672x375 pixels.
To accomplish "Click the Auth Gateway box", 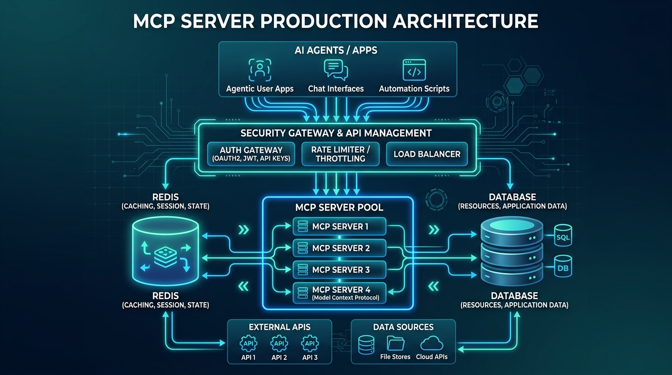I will [251, 154].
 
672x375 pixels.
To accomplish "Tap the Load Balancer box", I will [427, 154].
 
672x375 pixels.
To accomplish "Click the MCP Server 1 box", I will [339, 227].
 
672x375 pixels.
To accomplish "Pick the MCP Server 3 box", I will [339, 270].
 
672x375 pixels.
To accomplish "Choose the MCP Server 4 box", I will [339, 293].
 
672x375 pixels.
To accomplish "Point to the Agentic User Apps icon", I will [260, 70].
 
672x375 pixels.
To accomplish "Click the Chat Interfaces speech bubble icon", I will [336, 70].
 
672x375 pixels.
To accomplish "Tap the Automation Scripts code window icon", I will [414, 70].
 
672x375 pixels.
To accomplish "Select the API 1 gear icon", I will [249, 343].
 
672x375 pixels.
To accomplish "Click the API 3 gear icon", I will [310, 343].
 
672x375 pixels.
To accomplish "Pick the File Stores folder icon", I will [395, 344].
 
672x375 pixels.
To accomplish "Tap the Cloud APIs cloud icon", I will [432, 344].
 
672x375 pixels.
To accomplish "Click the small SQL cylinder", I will [563, 236].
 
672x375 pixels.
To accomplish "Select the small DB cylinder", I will [563, 267].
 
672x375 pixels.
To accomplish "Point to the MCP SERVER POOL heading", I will [339, 208].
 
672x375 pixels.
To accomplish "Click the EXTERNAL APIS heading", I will [279, 327].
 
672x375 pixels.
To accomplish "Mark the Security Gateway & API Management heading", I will [336, 133].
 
